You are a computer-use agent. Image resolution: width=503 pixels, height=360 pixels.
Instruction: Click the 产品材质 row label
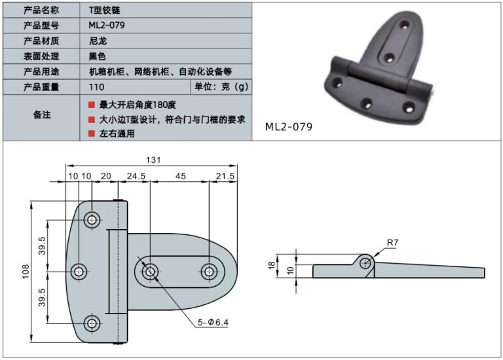coord(41,41)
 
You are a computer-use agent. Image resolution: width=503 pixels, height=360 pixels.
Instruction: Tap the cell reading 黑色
coord(97,56)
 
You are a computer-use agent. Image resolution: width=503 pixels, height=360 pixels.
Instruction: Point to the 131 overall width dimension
coord(153,160)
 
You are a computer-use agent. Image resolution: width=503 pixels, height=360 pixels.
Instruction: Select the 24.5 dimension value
coord(136,176)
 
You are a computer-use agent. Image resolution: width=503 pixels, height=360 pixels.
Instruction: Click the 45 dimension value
coord(180,176)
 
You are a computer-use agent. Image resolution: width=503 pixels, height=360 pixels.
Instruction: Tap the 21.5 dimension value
coord(225,176)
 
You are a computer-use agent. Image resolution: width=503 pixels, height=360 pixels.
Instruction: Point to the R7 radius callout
coord(391,243)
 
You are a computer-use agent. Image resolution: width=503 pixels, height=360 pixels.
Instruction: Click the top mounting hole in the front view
coord(92,219)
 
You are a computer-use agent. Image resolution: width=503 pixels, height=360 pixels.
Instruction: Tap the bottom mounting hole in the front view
coord(92,323)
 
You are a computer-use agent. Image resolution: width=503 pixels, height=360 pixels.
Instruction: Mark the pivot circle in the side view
coord(366,263)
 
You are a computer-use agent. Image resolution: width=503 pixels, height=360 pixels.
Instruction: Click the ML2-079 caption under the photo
coord(288,126)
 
